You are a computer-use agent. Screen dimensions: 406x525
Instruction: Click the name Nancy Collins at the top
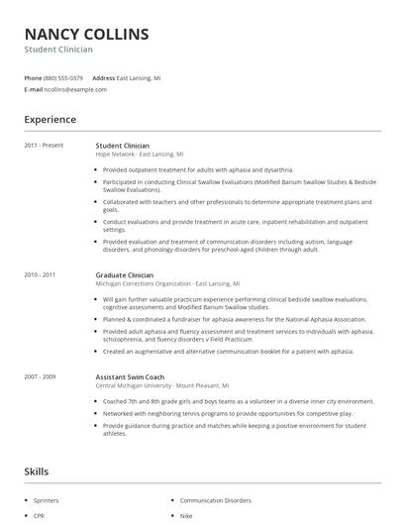click(86, 35)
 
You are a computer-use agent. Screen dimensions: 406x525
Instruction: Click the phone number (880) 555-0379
click(64, 77)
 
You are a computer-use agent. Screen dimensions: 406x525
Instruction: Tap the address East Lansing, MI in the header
click(140, 77)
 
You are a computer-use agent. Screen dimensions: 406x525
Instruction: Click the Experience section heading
click(50, 120)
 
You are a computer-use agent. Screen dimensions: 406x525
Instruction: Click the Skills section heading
click(38, 471)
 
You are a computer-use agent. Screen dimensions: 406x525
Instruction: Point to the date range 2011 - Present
click(44, 146)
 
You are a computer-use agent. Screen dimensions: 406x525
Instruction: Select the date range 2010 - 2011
click(40, 274)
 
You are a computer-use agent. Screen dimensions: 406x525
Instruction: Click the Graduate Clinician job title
click(125, 274)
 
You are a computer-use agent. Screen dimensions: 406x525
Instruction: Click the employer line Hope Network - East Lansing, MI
click(140, 155)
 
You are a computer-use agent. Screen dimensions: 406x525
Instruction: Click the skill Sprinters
click(47, 502)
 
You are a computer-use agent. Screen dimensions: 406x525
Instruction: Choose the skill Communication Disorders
click(215, 502)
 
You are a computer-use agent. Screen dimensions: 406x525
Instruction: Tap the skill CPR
click(39, 516)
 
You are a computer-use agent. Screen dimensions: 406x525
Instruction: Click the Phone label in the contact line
click(33, 77)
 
